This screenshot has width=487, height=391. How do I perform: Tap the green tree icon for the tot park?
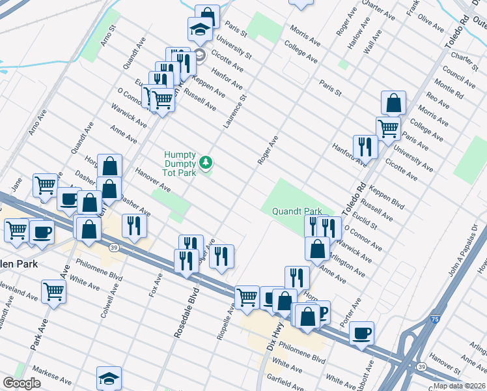click(x=206, y=162)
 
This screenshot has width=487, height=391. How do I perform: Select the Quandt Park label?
click(x=297, y=211)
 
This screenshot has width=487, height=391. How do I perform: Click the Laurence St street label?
click(x=236, y=111)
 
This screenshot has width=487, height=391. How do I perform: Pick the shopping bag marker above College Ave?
click(x=393, y=102)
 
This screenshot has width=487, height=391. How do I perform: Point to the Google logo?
click(x=21, y=383)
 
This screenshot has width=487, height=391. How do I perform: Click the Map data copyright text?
click(x=460, y=386)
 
